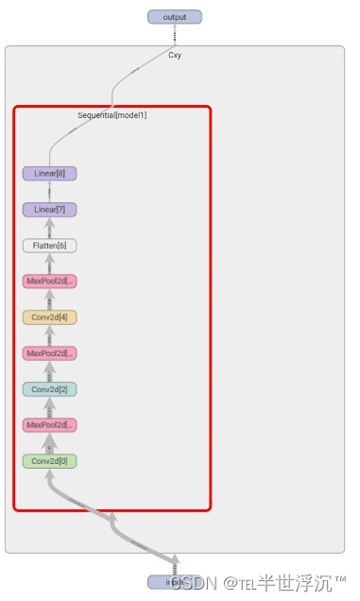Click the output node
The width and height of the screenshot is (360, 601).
[x=175, y=16]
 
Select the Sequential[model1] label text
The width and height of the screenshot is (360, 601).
[x=111, y=115]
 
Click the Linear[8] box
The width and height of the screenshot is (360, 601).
[x=49, y=174]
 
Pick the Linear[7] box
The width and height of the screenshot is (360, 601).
[x=49, y=210]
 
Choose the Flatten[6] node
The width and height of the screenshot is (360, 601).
[x=49, y=246]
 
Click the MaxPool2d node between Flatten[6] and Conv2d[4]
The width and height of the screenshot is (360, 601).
[x=49, y=282]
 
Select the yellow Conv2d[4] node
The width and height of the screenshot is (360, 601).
[x=49, y=318]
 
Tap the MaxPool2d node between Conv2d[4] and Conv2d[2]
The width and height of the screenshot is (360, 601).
[x=49, y=353]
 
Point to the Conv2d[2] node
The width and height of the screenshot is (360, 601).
[x=49, y=389]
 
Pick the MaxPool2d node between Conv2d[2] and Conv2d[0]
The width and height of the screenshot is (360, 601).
[x=49, y=425]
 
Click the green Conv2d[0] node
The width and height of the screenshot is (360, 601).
[x=49, y=461]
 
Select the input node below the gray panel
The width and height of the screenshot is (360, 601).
[x=174, y=582]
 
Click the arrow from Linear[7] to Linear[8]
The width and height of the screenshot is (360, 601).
[x=49, y=192]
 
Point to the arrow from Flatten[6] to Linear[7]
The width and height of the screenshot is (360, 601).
[x=49, y=228]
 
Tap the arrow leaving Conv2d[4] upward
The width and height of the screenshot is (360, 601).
[x=49, y=300]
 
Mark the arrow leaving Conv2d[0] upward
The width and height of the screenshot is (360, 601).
[x=49, y=443]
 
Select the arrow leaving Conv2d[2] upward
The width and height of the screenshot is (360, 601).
[x=49, y=371]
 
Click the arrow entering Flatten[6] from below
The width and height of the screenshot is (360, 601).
[x=49, y=264]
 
